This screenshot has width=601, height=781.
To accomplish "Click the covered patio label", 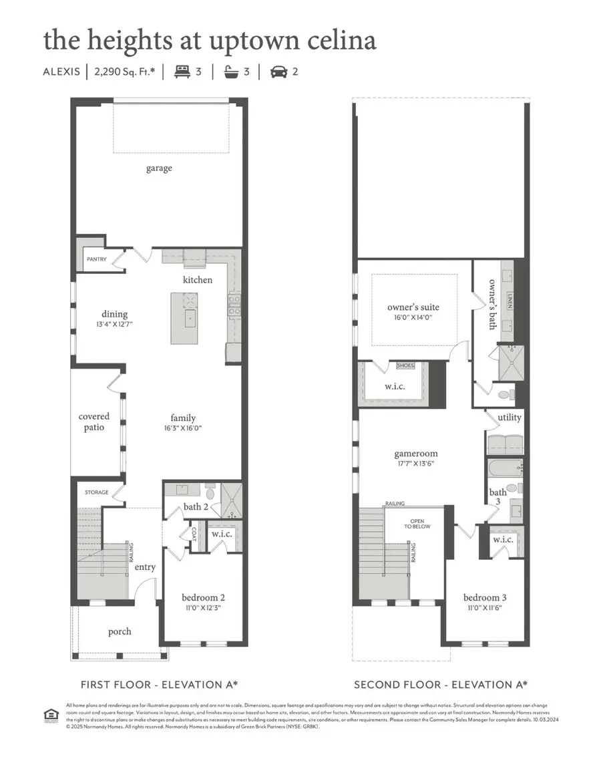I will [x=94, y=422].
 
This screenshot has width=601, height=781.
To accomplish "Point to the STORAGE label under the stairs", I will [x=96, y=492].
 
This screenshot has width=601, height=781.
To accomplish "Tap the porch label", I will [x=120, y=631].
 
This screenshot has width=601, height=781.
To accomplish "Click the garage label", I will [x=159, y=168].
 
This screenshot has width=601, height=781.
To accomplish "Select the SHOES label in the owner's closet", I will [x=405, y=365].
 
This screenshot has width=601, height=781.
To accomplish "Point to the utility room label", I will [x=509, y=418].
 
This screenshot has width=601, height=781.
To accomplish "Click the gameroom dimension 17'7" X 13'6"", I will [x=415, y=465].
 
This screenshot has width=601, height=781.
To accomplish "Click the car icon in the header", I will [x=278, y=71].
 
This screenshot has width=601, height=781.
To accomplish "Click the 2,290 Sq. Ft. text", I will [x=124, y=71].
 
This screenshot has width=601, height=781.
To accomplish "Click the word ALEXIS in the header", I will [x=61, y=71].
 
